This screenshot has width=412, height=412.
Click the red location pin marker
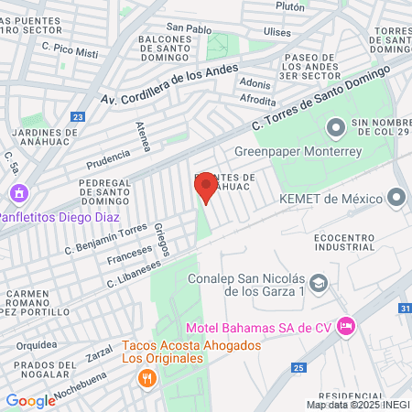[x=205, y=189]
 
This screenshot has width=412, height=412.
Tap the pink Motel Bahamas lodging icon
[x=345, y=325]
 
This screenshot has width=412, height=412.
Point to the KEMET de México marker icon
[x=396, y=197]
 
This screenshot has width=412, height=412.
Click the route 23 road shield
[x=77, y=116]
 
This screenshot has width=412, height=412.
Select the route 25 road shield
[x=298, y=367]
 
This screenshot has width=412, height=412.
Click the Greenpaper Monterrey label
[x=298, y=152]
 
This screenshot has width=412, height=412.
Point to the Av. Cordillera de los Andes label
[x=168, y=83]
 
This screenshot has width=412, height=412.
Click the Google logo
[x=30, y=400]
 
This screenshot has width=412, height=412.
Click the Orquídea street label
[x=37, y=345]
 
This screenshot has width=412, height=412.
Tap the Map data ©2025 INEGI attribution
[x=357, y=405]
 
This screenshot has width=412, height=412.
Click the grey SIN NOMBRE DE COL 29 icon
[x=335, y=125]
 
